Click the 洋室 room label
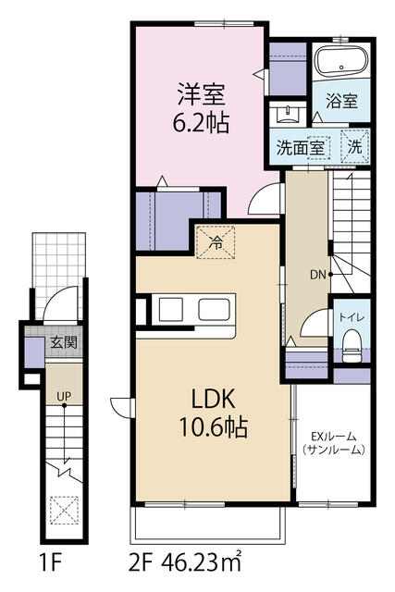[202, 94]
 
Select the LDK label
[214, 399]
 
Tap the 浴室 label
[341, 101]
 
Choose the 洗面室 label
[301, 148]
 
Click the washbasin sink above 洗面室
[289, 113]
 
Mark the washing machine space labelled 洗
[354, 147]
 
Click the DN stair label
[318, 275]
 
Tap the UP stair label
[64, 397]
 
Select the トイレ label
[352, 316]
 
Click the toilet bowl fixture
[352, 344]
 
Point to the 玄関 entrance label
[64, 342]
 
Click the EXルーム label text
[333, 437]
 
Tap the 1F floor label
[50, 564]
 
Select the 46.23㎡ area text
[202, 563]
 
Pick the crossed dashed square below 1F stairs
[64, 510]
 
